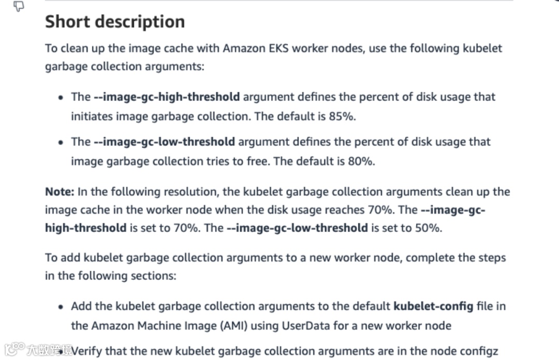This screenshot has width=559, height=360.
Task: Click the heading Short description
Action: click(114, 22)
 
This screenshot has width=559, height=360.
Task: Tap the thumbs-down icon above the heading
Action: click(19, 6)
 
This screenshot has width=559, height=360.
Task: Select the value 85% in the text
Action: click(342, 116)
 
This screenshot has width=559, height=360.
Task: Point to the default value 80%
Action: click(361, 161)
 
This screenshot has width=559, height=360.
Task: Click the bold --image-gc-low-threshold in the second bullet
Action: click(164, 142)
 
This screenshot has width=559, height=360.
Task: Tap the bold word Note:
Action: click(60, 192)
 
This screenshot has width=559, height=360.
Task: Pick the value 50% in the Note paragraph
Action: click(429, 228)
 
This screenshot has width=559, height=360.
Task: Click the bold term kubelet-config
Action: click(433, 306)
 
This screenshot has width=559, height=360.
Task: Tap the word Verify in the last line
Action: click(87, 351)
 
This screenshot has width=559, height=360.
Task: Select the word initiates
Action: click(91, 116)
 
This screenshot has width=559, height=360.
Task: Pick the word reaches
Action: click(346, 209)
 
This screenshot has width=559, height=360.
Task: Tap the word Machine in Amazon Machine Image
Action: click(165, 326)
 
